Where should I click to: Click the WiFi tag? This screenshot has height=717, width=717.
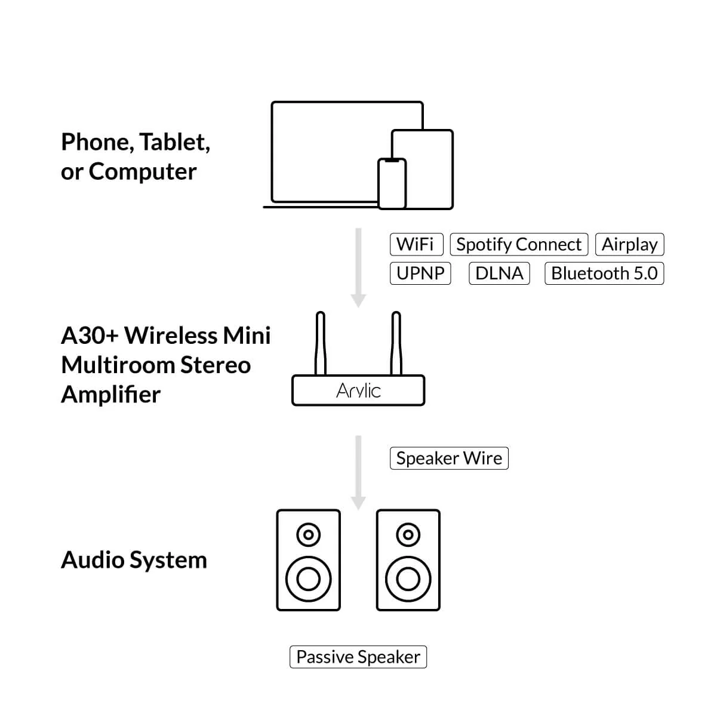click(416, 244)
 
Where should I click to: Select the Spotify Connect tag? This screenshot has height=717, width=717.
click(519, 244)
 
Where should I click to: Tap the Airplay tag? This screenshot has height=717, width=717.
click(629, 244)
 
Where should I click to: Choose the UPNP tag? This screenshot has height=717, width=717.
click(420, 273)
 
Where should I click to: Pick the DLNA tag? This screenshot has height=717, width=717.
click(499, 273)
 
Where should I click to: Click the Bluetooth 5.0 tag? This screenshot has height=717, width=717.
click(604, 273)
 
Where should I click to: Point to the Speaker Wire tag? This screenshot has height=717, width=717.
click(449, 458)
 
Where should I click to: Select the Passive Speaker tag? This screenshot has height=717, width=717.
click(358, 657)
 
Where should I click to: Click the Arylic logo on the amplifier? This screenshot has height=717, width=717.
click(358, 390)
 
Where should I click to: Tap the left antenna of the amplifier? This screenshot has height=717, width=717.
click(321, 343)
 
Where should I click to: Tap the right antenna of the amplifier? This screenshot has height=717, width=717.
click(395, 343)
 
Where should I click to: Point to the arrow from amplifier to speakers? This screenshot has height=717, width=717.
click(358, 472)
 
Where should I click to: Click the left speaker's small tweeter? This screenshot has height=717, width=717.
click(308, 534)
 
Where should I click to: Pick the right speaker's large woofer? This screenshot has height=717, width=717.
click(408, 578)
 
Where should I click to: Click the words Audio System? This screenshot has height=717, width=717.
click(134, 560)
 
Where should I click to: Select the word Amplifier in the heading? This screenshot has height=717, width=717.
click(111, 395)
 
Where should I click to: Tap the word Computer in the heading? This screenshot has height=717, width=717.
click(142, 172)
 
